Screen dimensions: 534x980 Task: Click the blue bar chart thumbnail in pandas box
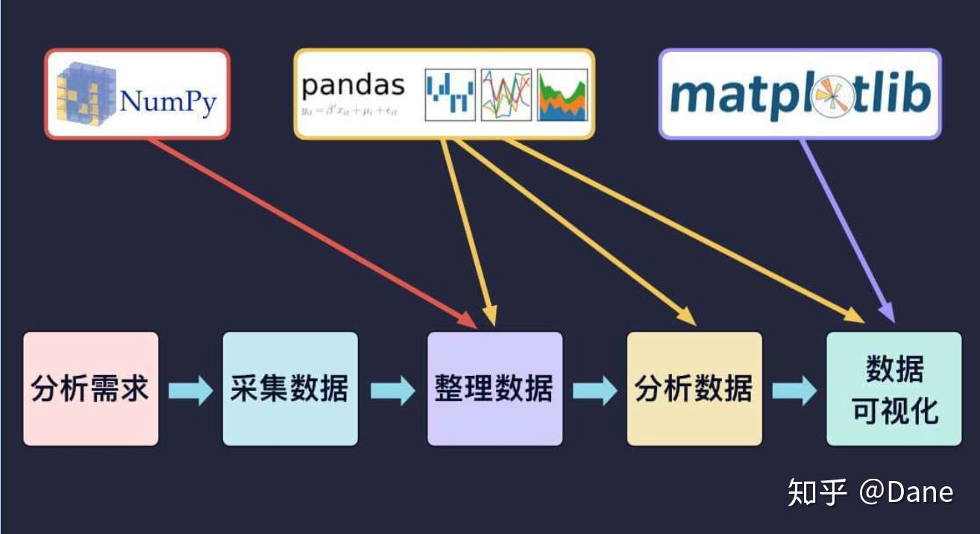[x=450, y=95]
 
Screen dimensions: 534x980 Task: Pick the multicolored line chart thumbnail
[x=506, y=95]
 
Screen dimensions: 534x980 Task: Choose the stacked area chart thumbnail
[x=562, y=95]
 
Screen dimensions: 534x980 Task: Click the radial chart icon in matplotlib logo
[x=833, y=98]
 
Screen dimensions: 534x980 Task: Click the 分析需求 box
[x=90, y=389]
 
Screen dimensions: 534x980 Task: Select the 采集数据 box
[x=290, y=389]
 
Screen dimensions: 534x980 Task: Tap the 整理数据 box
[x=494, y=389]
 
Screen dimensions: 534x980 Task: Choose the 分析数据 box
[x=694, y=389]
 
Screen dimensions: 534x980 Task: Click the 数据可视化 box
[x=894, y=389]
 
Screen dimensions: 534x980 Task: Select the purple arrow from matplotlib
[x=846, y=231]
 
